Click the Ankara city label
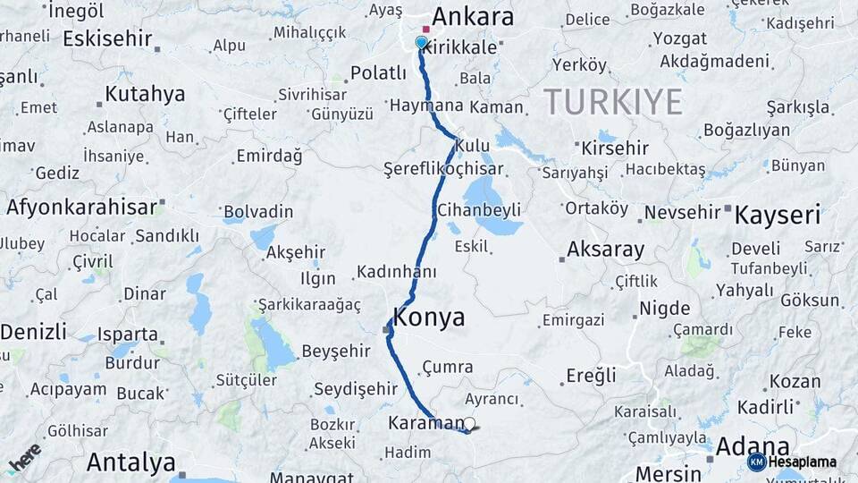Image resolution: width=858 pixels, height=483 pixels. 473,17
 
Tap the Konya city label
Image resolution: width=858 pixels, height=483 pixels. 429,317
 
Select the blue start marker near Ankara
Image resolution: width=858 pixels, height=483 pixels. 422,42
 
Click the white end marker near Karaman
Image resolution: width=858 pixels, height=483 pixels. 469,424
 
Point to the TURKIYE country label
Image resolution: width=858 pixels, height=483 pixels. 612,102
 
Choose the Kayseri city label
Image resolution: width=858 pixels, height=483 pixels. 777,214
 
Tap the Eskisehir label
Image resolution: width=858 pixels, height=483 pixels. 105,39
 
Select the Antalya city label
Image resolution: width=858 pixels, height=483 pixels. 130,462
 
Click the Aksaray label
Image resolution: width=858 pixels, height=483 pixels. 605,249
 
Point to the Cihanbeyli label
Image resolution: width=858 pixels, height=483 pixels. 478,210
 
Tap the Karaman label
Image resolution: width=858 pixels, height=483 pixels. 425,422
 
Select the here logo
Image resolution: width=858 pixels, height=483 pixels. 24,458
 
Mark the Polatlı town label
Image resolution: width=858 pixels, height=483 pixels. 378,72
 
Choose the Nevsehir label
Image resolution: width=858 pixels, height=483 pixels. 682,212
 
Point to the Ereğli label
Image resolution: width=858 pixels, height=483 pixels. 591,376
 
